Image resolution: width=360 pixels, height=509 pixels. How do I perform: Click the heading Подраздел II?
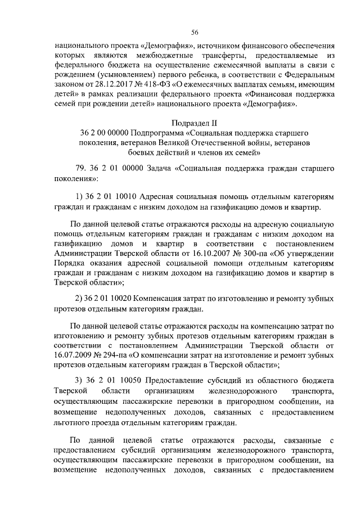(194, 121)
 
